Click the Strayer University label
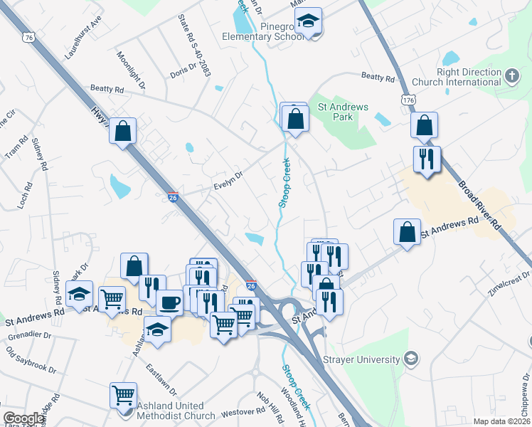click(361, 359)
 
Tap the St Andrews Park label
click(343, 112)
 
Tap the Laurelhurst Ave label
click(83, 43)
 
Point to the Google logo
click(23, 418)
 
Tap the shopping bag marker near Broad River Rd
click(424, 126)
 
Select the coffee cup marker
click(169, 302)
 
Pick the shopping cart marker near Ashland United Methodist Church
click(123, 394)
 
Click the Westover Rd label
click(238, 412)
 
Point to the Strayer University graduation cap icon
click(410, 358)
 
